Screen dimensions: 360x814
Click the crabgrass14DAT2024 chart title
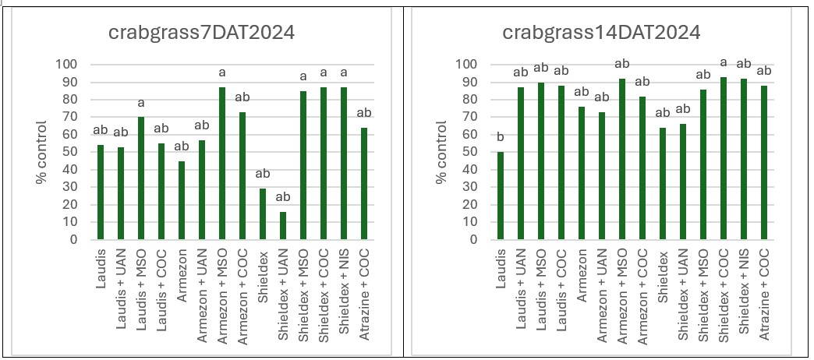(600, 33)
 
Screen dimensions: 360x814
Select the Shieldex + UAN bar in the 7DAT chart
(283, 226)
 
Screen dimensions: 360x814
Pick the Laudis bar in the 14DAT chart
(501, 196)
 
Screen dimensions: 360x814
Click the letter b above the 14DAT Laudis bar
(501, 137)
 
